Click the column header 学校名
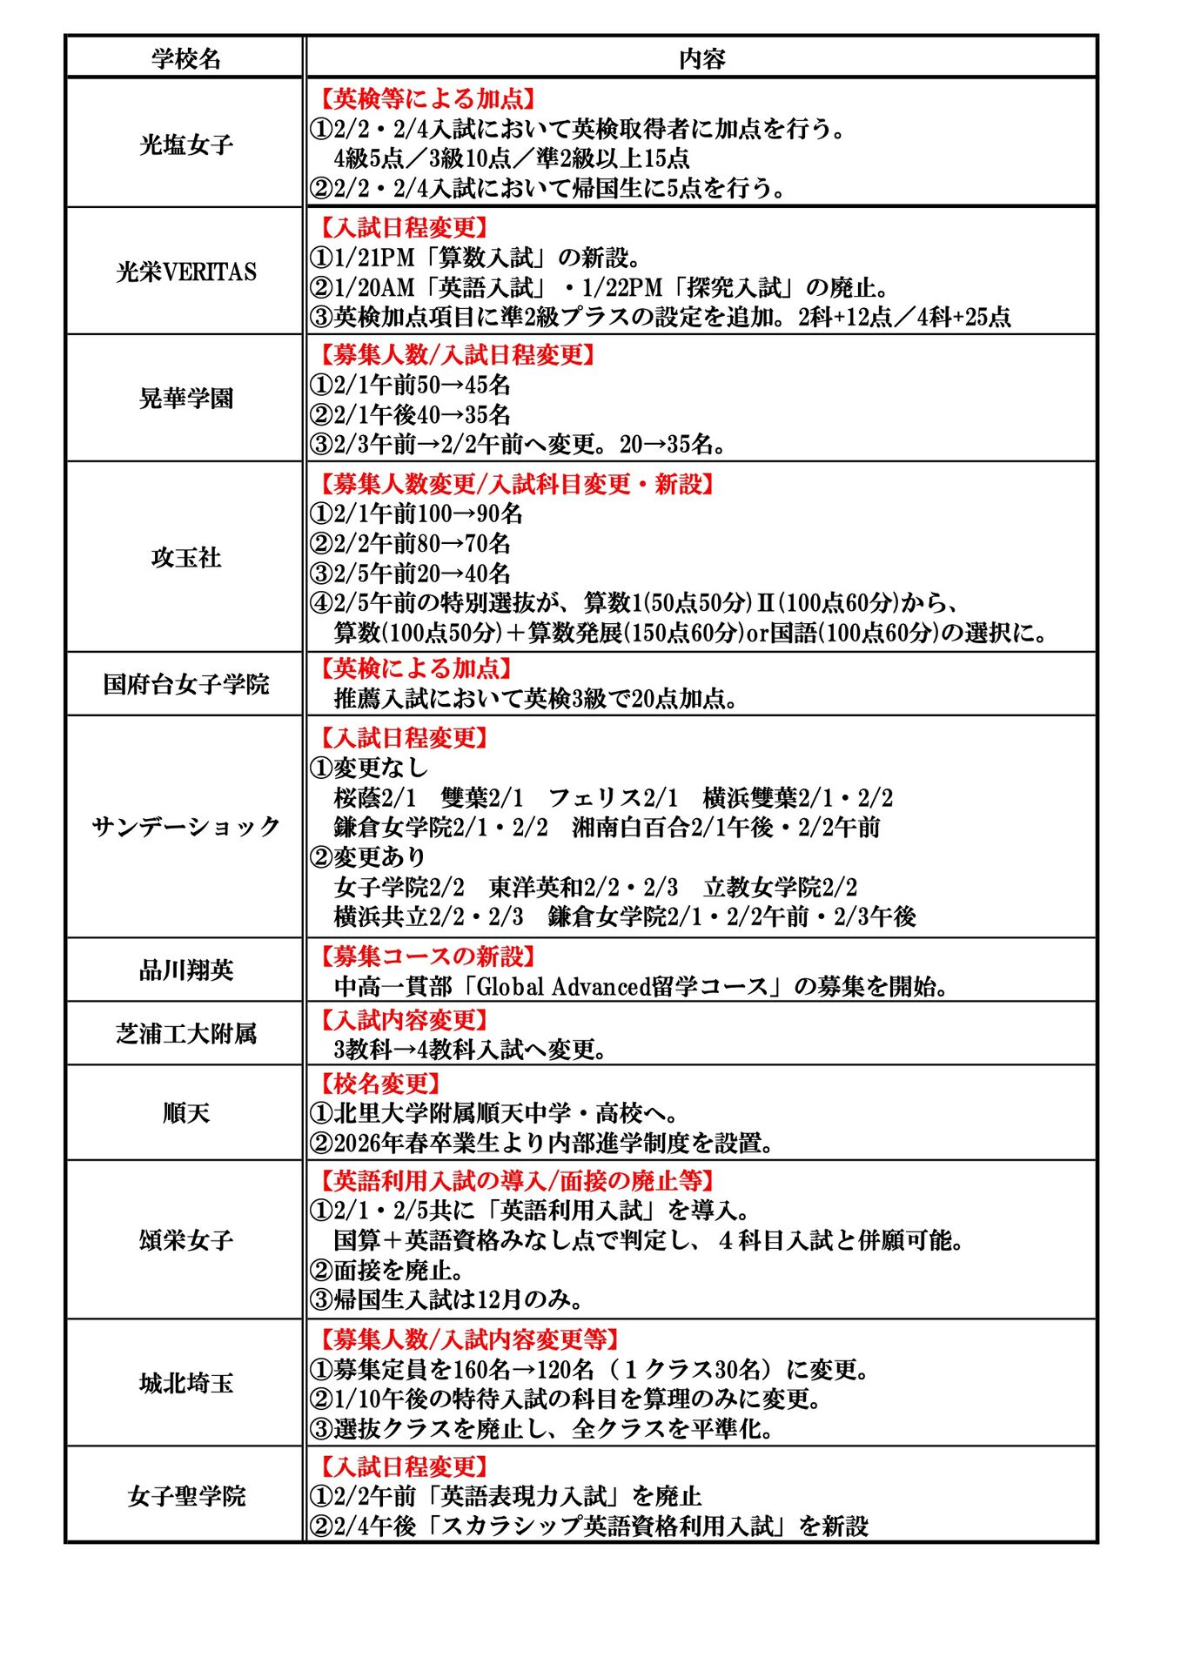click(x=185, y=58)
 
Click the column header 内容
click(x=701, y=58)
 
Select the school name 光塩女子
click(x=185, y=144)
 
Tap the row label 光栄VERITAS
click(x=185, y=272)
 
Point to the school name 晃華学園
click(x=185, y=399)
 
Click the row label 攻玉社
click(x=185, y=557)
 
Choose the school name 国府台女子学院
click(x=185, y=684)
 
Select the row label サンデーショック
click(x=185, y=826)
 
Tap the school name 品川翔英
click(x=185, y=970)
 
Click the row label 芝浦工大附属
click(x=185, y=1033)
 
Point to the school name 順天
click(x=185, y=1112)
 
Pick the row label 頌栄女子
click(x=185, y=1239)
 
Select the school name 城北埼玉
click(x=185, y=1383)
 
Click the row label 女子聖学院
click(x=185, y=1496)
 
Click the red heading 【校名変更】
click(x=377, y=1084)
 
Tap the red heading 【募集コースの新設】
click(x=424, y=956)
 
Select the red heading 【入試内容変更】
click(x=400, y=1019)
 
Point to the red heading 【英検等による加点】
click(x=424, y=98)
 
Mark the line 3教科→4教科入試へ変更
click(x=469, y=1050)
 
